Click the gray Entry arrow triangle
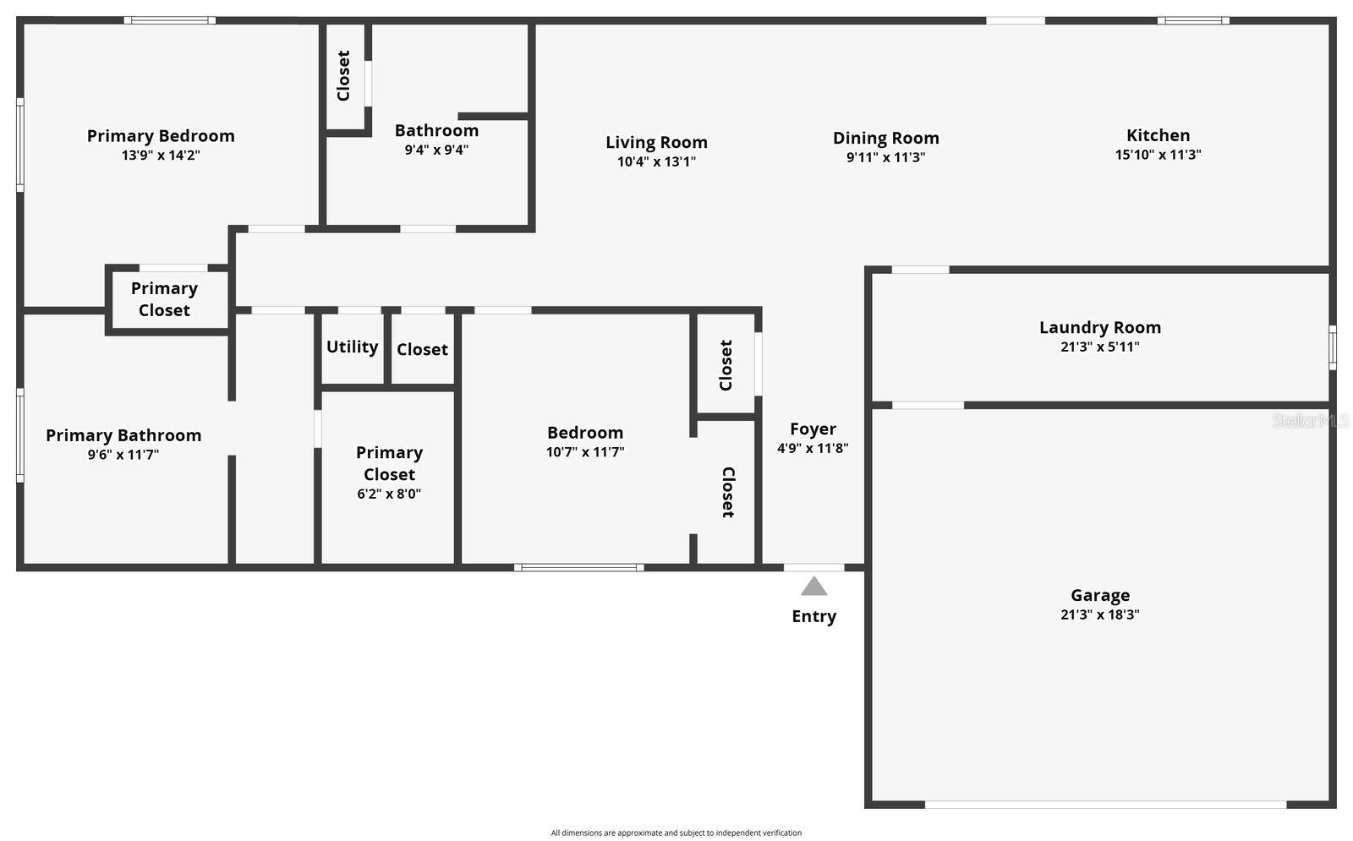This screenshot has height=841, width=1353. (x=813, y=587)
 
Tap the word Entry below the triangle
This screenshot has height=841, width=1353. (x=813, y=616)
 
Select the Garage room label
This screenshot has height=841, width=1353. (x=1100, y=596)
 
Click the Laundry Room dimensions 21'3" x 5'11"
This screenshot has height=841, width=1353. (x=1100, y=347)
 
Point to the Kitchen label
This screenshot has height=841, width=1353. (x=1158, y=135)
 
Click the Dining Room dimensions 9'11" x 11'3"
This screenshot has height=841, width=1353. (x=885, y=157)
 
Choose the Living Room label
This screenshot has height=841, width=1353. (x=656, y=143)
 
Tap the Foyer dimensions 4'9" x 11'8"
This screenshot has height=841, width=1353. (x=813, y=448)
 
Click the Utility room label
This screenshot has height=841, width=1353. (x=352, y=347)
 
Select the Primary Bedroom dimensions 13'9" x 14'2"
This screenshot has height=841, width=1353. (x=161, y=156)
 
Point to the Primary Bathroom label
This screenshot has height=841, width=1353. (x=123, y=435)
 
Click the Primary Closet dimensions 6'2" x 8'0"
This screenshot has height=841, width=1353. (x=389, y=494)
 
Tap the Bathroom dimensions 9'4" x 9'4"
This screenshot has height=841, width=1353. (x=436, y=150)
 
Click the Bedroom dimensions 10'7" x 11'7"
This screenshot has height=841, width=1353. (x=585, y=451)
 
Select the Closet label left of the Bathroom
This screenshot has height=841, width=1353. (x=343, y=75)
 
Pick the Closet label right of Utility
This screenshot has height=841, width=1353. (x=422, y=350)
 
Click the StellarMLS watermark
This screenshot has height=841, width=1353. (x=1311, y=420)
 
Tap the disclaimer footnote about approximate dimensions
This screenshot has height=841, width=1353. (x=676, y=833)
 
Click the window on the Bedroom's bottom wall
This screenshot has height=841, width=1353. (x=578, y=567)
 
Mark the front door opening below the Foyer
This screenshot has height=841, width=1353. (x=813, y=567)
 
